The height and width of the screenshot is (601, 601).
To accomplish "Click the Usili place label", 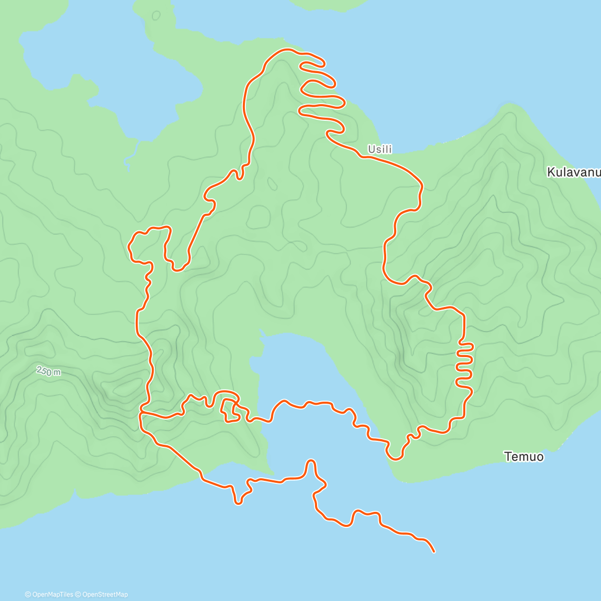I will pyautogui.click(x=380, y=149).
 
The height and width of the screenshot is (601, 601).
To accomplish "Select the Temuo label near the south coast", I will pyautogui.click(x=524, y=456).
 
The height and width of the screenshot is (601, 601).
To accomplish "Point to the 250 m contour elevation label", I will pyautogui.click(x=49, y=372).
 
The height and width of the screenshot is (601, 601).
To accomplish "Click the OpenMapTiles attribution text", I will pyautogui.click(x=49, y=594).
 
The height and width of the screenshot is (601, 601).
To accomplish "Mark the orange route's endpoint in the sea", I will pyautogui.click(x=434, y=552).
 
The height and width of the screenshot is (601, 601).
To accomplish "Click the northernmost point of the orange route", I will pyautogui.click(x=286, y=49).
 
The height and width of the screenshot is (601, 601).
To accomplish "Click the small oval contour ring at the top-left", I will pyautogui.click(x=156, y=16).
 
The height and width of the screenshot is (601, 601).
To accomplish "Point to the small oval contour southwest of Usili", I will pyautogui.click(x=272, y=184).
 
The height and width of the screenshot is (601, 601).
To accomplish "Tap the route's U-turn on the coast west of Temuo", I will pyautogui.click(x=395, y=457).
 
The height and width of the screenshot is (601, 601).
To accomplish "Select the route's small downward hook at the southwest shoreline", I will pyautogui.click(x=238, y=501).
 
